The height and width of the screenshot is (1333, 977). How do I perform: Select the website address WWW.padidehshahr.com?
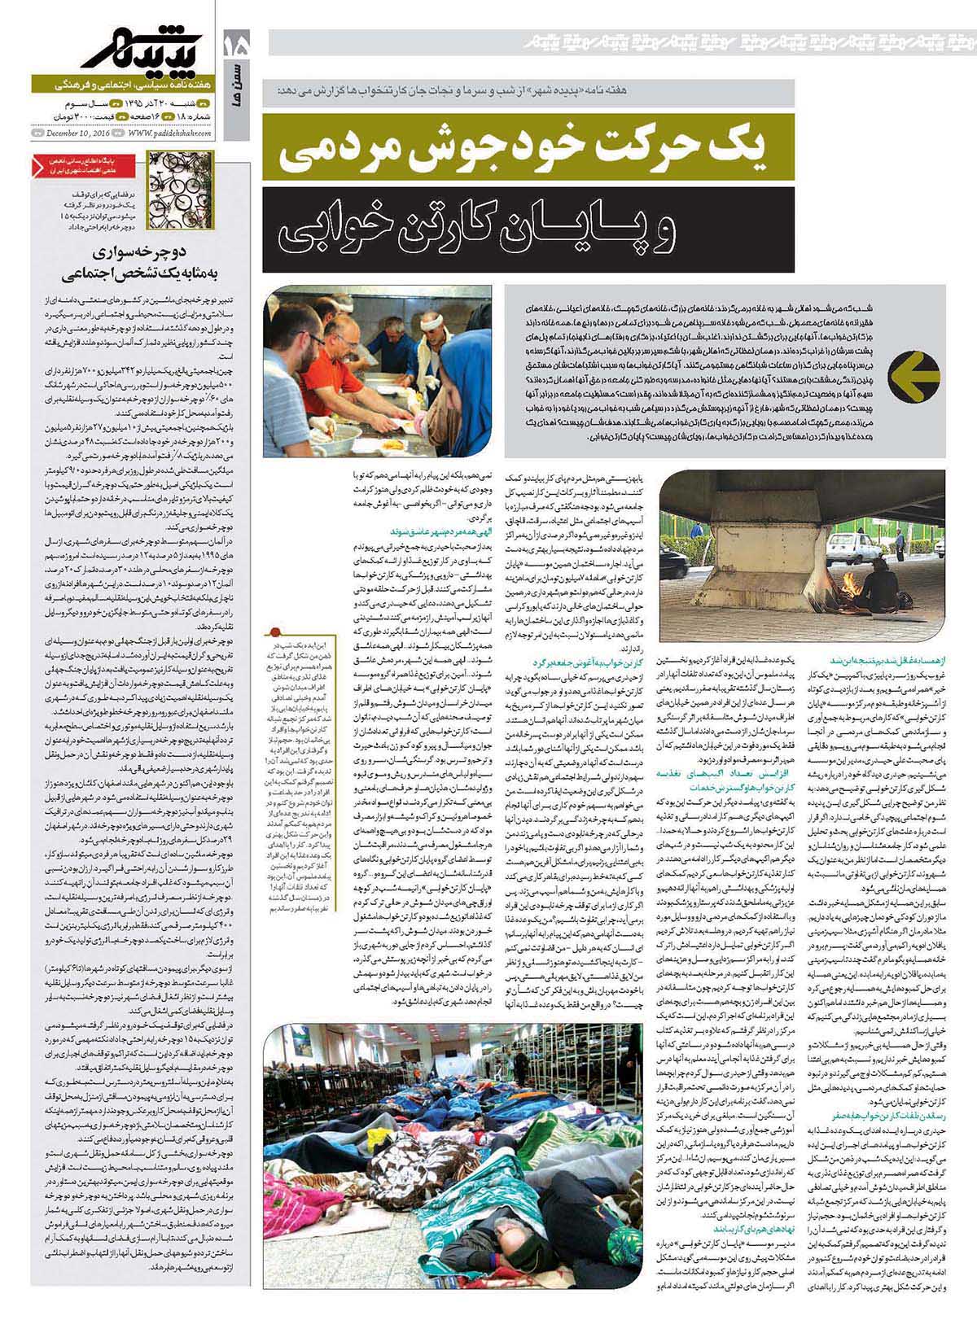click(x=168, y=133)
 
